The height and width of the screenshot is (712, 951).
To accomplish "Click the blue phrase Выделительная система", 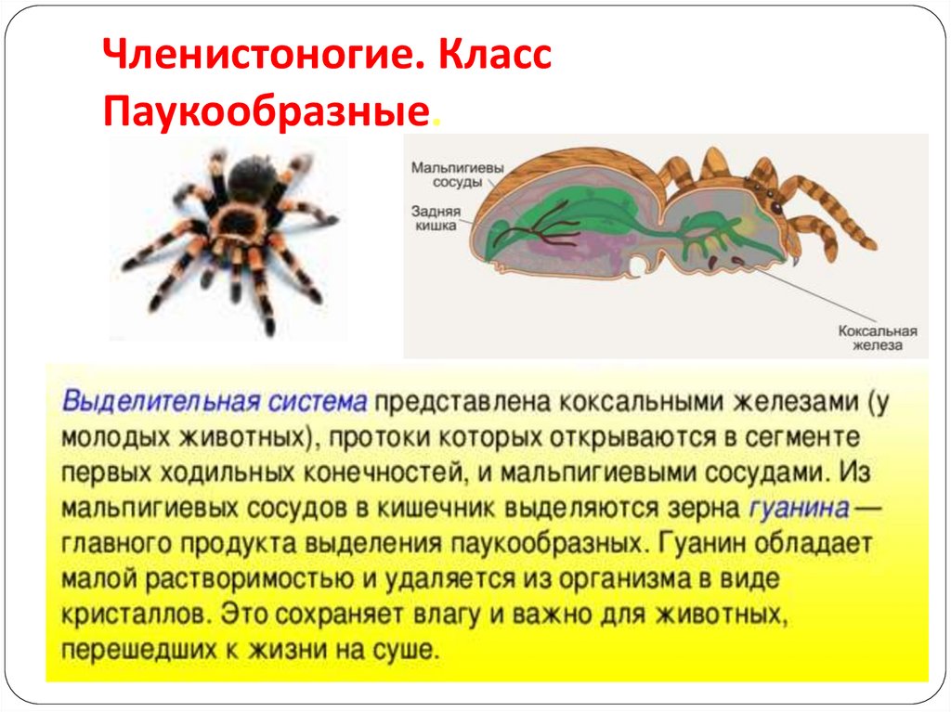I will coord(215,402).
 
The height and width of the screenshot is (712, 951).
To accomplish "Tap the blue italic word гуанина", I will coord(797,508).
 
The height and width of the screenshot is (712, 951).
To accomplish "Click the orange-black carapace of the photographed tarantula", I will coord(239,223).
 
